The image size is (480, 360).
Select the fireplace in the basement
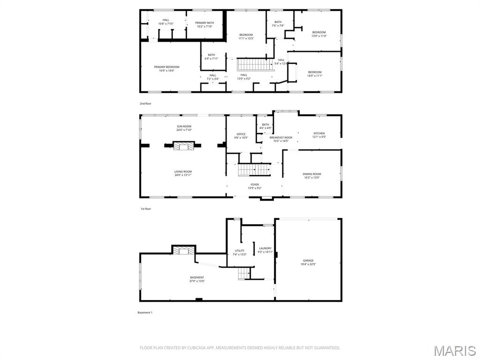tap(183, 251)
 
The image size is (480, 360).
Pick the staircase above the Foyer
tap(254, 170)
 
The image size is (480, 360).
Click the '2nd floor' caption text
tap(145, 104)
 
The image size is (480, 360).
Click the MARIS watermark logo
tap(454, 351)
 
